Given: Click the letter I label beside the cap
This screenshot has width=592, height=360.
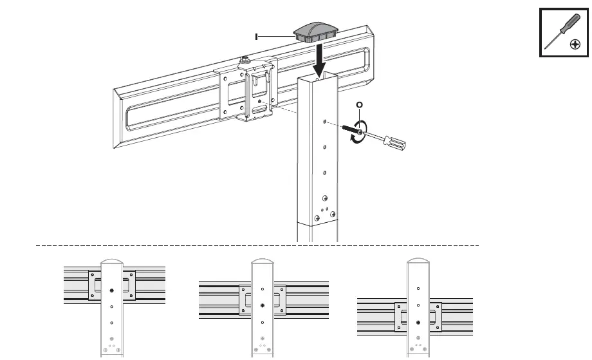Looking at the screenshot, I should click(x=257, y=37).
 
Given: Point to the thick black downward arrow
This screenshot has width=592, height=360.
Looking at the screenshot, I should click(x=318, y=61).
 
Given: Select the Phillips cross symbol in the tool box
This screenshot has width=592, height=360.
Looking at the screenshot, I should click(x=575, y=45).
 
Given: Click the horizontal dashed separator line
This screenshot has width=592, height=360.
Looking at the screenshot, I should click(x=257, y=246).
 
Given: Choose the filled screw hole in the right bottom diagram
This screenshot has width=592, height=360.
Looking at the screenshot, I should click(x=418, y=321).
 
